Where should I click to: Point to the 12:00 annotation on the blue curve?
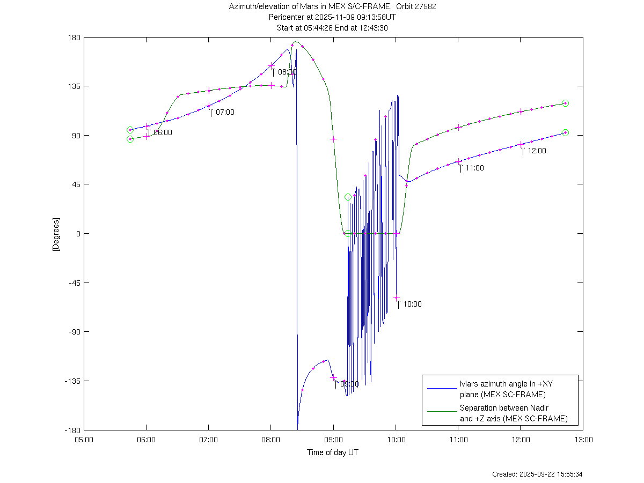tap(537, 151)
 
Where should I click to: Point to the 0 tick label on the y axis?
tap(78, 234)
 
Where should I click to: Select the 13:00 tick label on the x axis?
tap(583, 439)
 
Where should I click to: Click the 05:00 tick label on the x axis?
tap(84, 439)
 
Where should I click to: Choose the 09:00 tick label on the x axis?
tap(333, 439)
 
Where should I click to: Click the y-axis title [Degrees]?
tap(55, 234)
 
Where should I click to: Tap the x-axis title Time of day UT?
tap(333, 452)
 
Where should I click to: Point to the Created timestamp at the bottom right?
tap(537, 474)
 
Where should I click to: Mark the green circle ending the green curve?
tap(565, 103)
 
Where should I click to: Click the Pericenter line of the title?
tap(332, 17)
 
